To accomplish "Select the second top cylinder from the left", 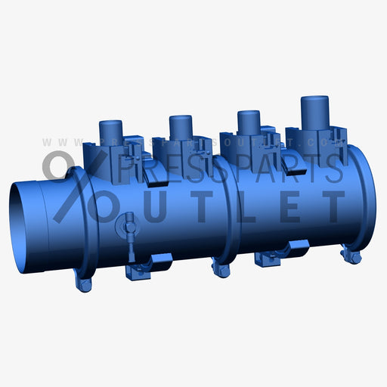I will click(180, 128).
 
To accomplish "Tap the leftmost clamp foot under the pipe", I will click(82, 283).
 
